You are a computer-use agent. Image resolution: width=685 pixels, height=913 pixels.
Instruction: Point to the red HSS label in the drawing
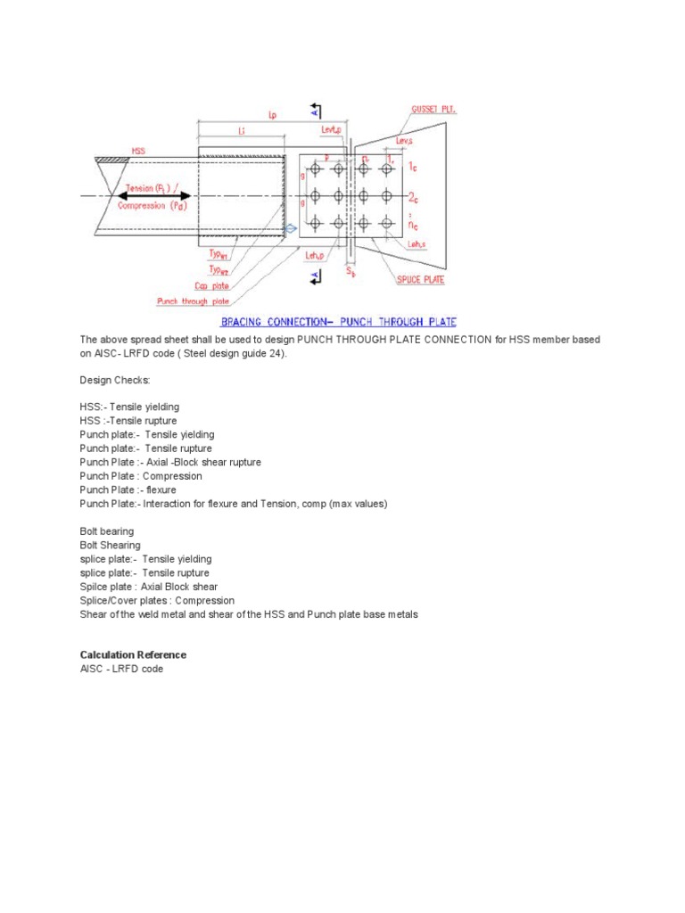[138, 152]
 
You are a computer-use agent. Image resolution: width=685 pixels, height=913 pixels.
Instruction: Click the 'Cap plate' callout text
[211, 286]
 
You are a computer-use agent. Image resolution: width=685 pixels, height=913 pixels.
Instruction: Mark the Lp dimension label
[271, 114]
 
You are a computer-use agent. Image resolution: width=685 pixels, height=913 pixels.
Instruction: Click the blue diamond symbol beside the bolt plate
[291, 231]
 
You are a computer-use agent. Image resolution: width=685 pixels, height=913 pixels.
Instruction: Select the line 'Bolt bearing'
[107, 531]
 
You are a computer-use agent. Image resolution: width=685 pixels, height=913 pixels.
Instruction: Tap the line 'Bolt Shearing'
[110, 545]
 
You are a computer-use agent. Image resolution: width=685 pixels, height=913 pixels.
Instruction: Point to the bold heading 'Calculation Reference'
[133, 654]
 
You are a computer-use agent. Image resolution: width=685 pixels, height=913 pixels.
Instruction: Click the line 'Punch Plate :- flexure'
[128, 489]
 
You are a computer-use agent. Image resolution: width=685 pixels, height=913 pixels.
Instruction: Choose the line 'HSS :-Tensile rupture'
[128, 421]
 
